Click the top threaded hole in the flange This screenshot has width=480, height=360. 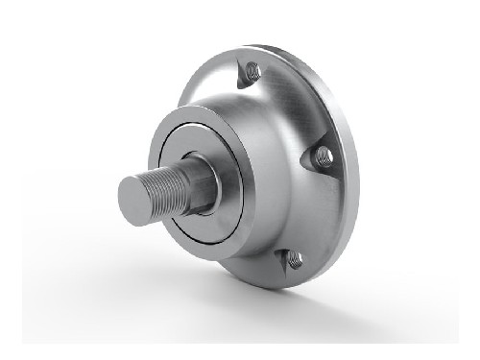253,70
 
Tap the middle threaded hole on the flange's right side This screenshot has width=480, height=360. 324,156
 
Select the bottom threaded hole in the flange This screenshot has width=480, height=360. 294,258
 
